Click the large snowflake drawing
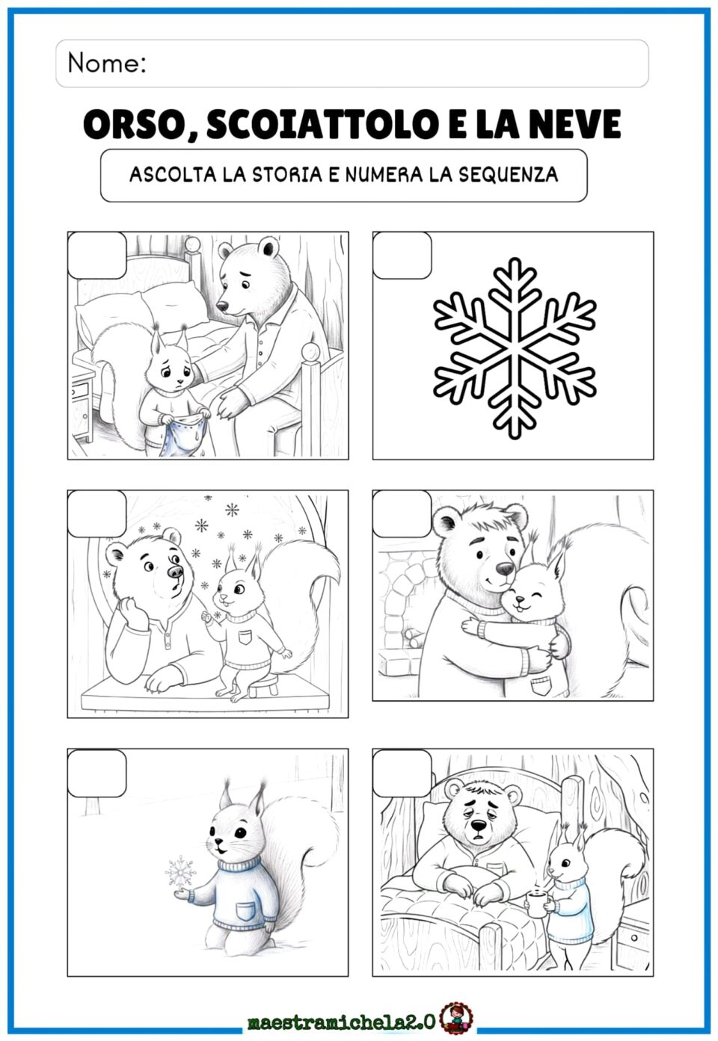pos(515,348)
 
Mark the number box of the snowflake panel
pos(402,256)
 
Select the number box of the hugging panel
pos(402,513)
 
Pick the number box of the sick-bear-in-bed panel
pos(402,773)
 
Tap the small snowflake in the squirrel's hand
pos(180,871)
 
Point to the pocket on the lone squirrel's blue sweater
pos(245,911)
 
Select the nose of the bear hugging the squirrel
pos(505,569)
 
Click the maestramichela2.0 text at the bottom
pos(342,1022)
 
